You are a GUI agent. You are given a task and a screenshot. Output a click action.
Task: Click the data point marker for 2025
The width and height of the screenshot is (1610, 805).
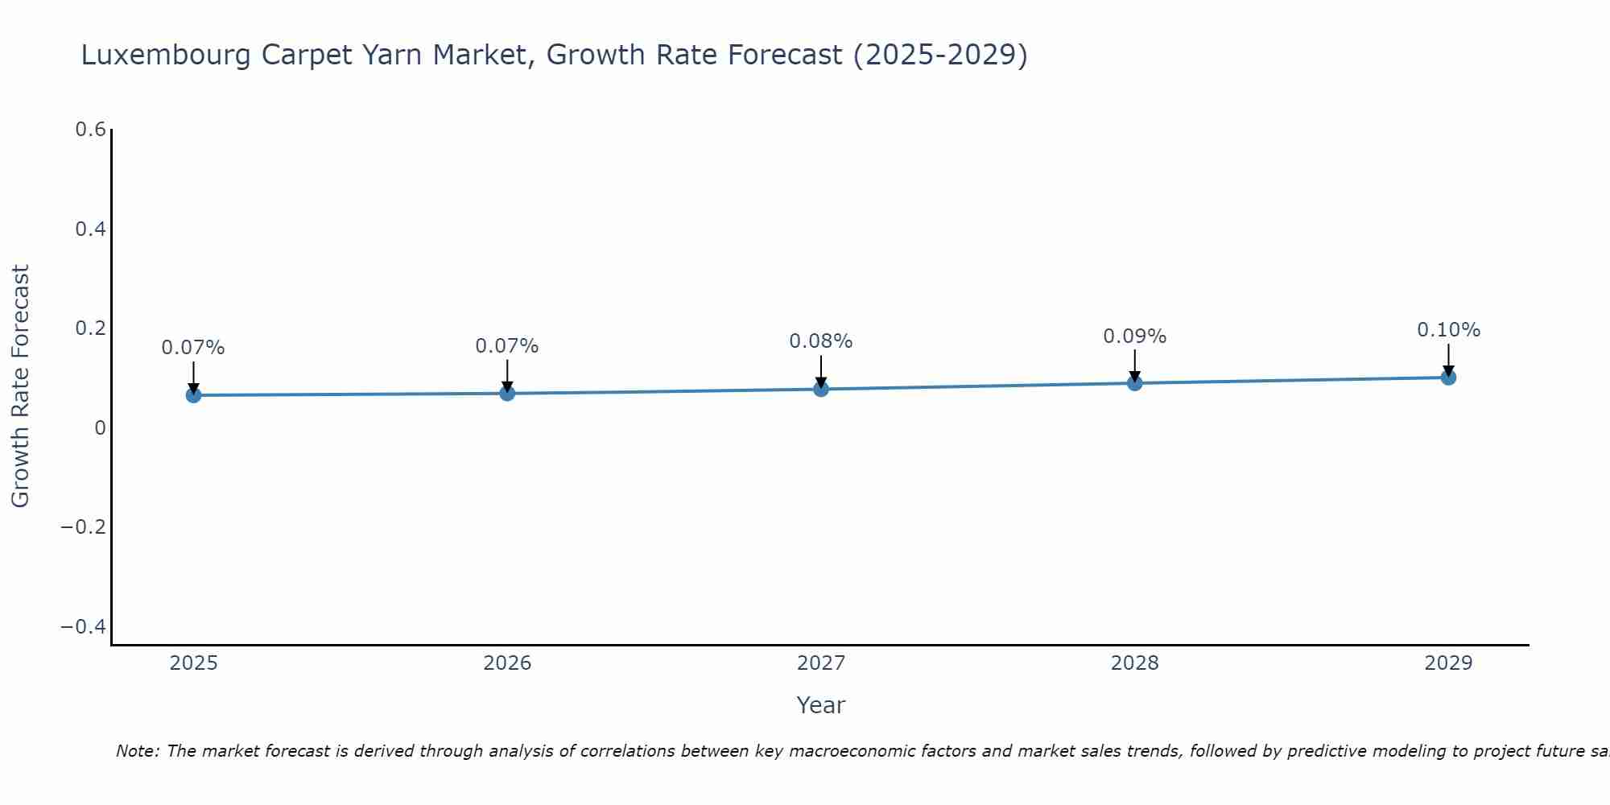coord(193,395)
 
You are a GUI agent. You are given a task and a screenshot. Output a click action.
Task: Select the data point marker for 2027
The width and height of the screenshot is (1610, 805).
coord(820,389)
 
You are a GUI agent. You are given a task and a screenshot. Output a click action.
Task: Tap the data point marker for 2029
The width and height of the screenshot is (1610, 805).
coord(1448,377)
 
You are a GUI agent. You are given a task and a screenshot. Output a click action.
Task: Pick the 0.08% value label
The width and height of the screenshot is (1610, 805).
coord(820,341)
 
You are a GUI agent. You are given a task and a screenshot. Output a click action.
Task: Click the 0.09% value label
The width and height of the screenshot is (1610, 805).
coord(1134,336)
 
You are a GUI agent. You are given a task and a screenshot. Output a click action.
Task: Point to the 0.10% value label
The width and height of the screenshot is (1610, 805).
coord(1448,330)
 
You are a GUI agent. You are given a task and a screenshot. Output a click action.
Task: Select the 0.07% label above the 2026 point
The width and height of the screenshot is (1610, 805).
coord(506,346)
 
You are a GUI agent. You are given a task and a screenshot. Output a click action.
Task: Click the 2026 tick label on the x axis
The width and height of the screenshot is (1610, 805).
coord(507,663)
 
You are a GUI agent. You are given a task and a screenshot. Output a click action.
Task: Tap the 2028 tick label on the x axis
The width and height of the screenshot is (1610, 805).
coord(1134,663)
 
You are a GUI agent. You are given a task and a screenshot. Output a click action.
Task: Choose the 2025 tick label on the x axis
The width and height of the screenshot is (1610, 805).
coord(194,663)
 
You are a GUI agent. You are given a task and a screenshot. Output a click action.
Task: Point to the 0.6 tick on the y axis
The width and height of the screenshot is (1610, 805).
coord(91,130)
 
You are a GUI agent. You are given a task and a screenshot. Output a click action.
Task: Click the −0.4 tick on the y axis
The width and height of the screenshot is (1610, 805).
coord(84,626)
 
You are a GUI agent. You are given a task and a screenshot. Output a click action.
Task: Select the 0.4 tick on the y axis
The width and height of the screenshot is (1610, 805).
coord(91,229)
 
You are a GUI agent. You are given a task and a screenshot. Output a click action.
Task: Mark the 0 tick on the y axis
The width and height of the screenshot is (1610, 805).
coord(101,428)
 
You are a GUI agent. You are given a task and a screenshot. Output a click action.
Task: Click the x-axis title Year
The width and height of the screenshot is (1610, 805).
coord(820,705)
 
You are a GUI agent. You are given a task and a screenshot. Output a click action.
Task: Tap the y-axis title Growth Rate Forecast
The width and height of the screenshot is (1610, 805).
coord(20,386)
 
